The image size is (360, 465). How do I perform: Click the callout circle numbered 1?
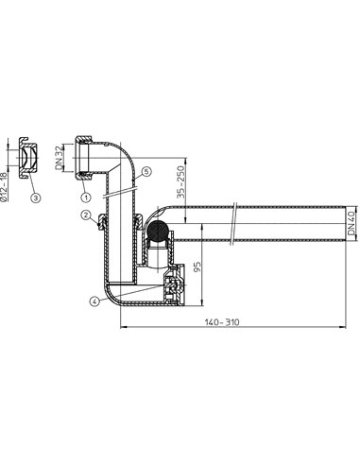coord(86,198)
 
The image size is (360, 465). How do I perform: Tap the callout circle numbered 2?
coord(86,215)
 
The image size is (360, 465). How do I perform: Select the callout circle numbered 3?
coord(36,198)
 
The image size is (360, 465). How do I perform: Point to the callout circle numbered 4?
coord(94,301)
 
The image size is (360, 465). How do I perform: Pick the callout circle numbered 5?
coord(147,172)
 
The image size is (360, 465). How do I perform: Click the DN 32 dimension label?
coord(60,158)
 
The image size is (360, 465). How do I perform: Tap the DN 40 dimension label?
coord(351,223)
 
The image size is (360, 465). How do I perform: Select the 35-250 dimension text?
coord(180,182)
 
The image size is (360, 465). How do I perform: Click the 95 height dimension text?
coord(197,267)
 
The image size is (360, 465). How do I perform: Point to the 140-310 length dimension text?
coord(222,322)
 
